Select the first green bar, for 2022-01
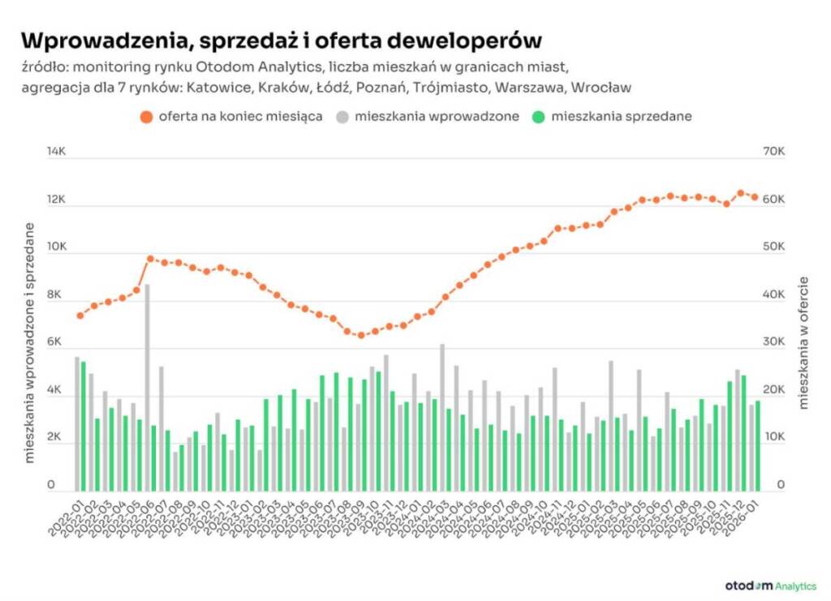coord(84,426)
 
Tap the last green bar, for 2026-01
coord(758,445)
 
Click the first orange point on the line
coord(80,316)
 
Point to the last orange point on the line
coord(755,197)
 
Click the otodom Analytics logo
coord(770,585)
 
